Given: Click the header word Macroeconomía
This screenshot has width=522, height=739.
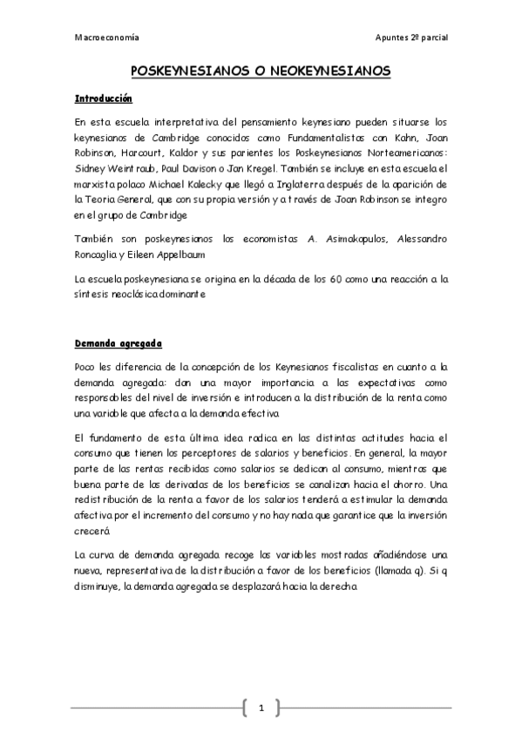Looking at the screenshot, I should coord(106,38).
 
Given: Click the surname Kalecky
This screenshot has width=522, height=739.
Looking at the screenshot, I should coord(213,184).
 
